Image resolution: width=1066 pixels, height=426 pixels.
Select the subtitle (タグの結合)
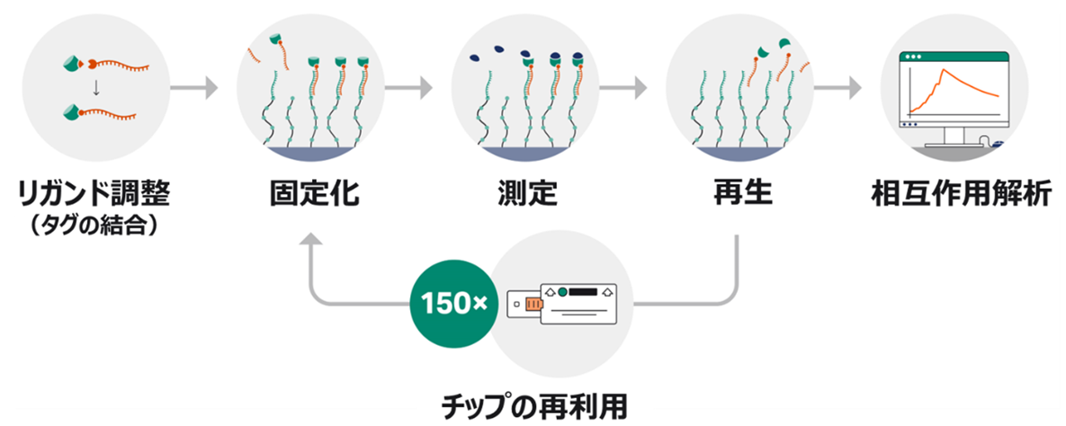tap(94, 224)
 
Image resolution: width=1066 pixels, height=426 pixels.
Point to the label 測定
tap(528, 193)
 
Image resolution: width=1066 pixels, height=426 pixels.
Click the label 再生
tap(740, 193)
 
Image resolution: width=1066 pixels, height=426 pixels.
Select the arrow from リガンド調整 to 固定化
tap(193, 88)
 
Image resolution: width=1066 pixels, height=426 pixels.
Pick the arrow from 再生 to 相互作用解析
tap(837, 88)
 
